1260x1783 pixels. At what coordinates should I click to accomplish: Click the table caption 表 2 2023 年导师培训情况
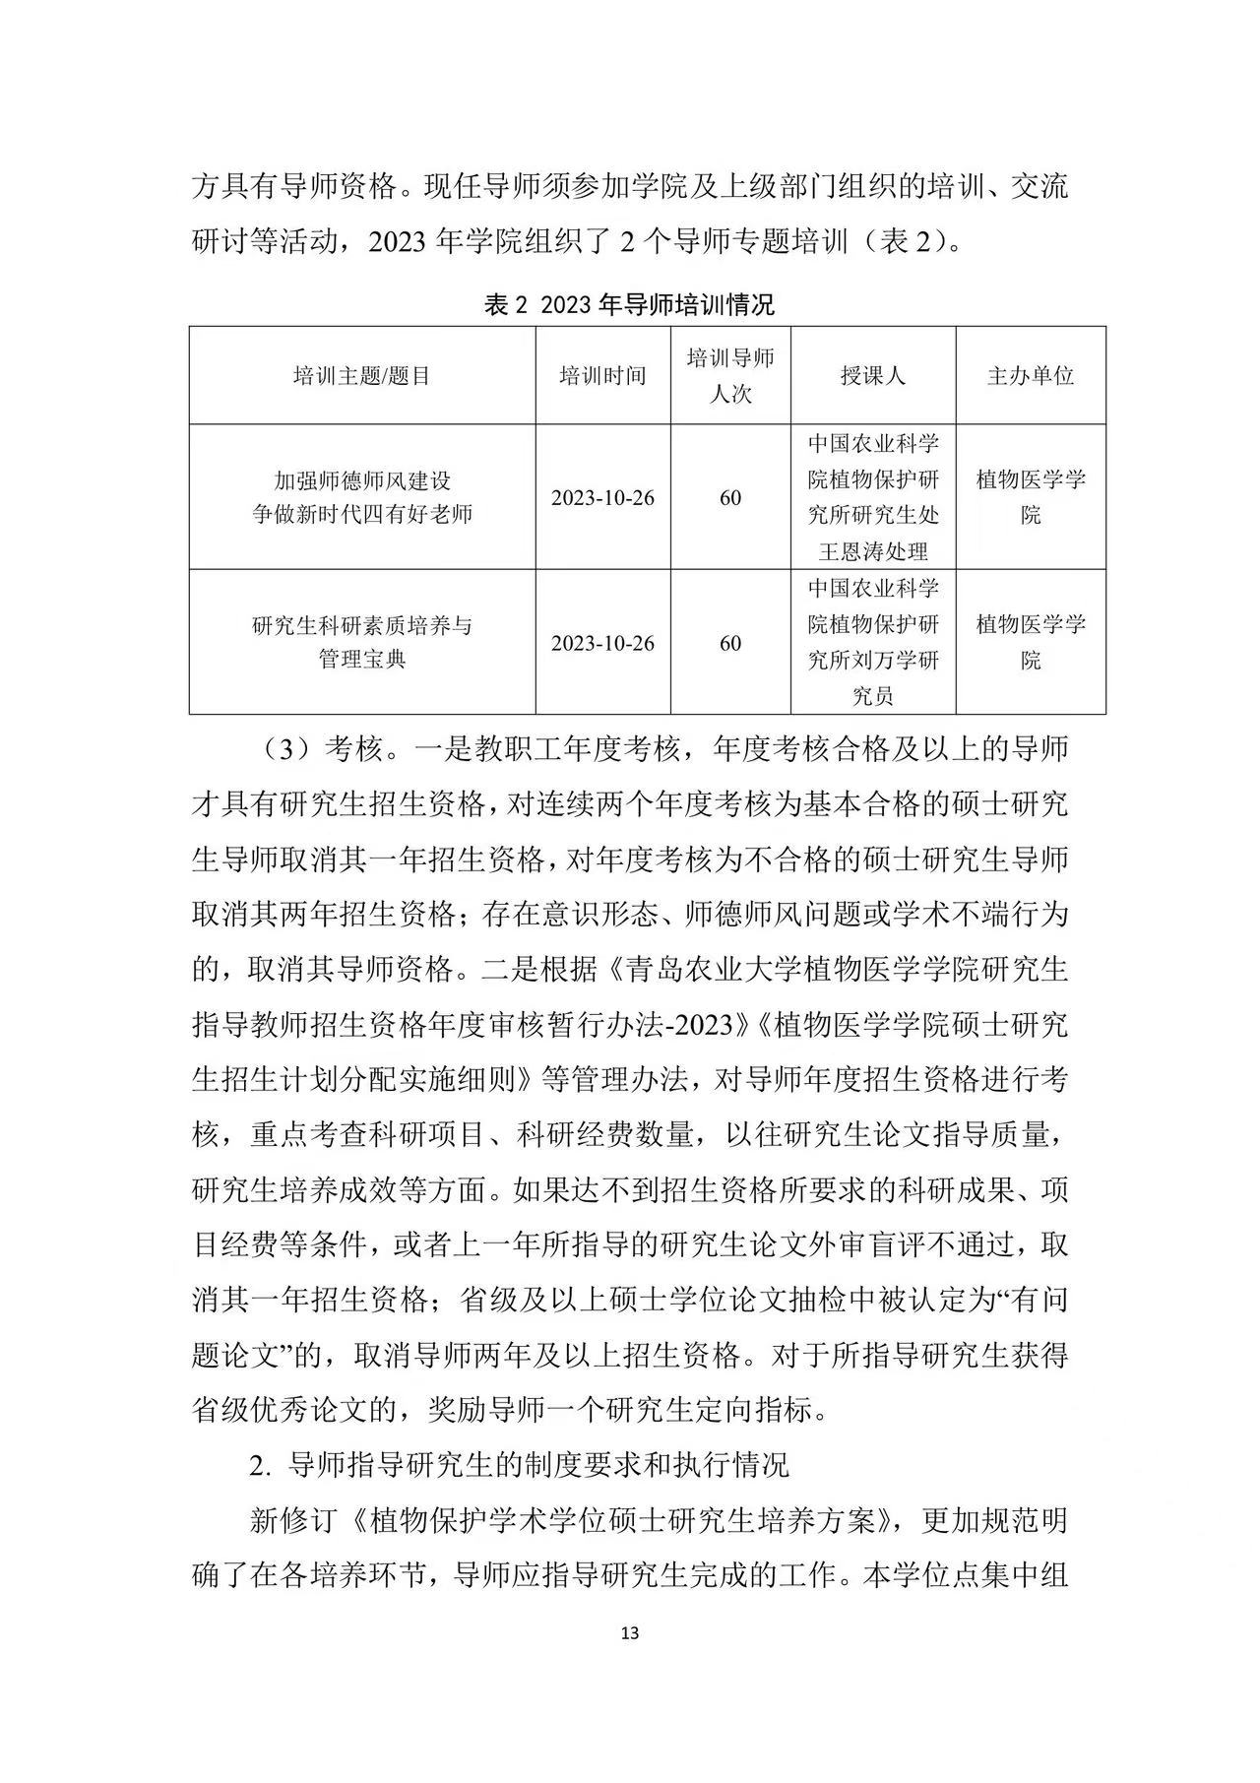[x=630, y=304]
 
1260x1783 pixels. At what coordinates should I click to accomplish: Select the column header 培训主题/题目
[x=361, y=375]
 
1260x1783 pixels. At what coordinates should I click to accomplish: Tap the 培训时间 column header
[x=602, y=375]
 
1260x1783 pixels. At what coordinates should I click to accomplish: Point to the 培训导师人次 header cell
[x=730, y=375]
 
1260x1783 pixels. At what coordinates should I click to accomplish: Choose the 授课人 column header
[x=873, y=375]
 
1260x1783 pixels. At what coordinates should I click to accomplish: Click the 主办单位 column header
[x=1031, y=375]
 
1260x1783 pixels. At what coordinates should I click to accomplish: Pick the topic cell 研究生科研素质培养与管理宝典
[x=362, y=642]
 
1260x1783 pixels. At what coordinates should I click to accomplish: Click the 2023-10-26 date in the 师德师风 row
[x=602, y=497]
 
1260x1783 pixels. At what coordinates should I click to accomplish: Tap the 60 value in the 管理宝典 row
[x=730, y=643]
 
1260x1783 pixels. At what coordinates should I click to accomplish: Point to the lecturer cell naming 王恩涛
[x=873, y=497]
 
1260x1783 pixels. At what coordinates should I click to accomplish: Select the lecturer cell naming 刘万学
[x=873, y=642]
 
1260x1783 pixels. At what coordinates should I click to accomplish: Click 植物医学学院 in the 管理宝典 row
[x=1031, y=642]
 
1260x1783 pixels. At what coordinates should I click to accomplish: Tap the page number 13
[x=631, y=1633]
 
